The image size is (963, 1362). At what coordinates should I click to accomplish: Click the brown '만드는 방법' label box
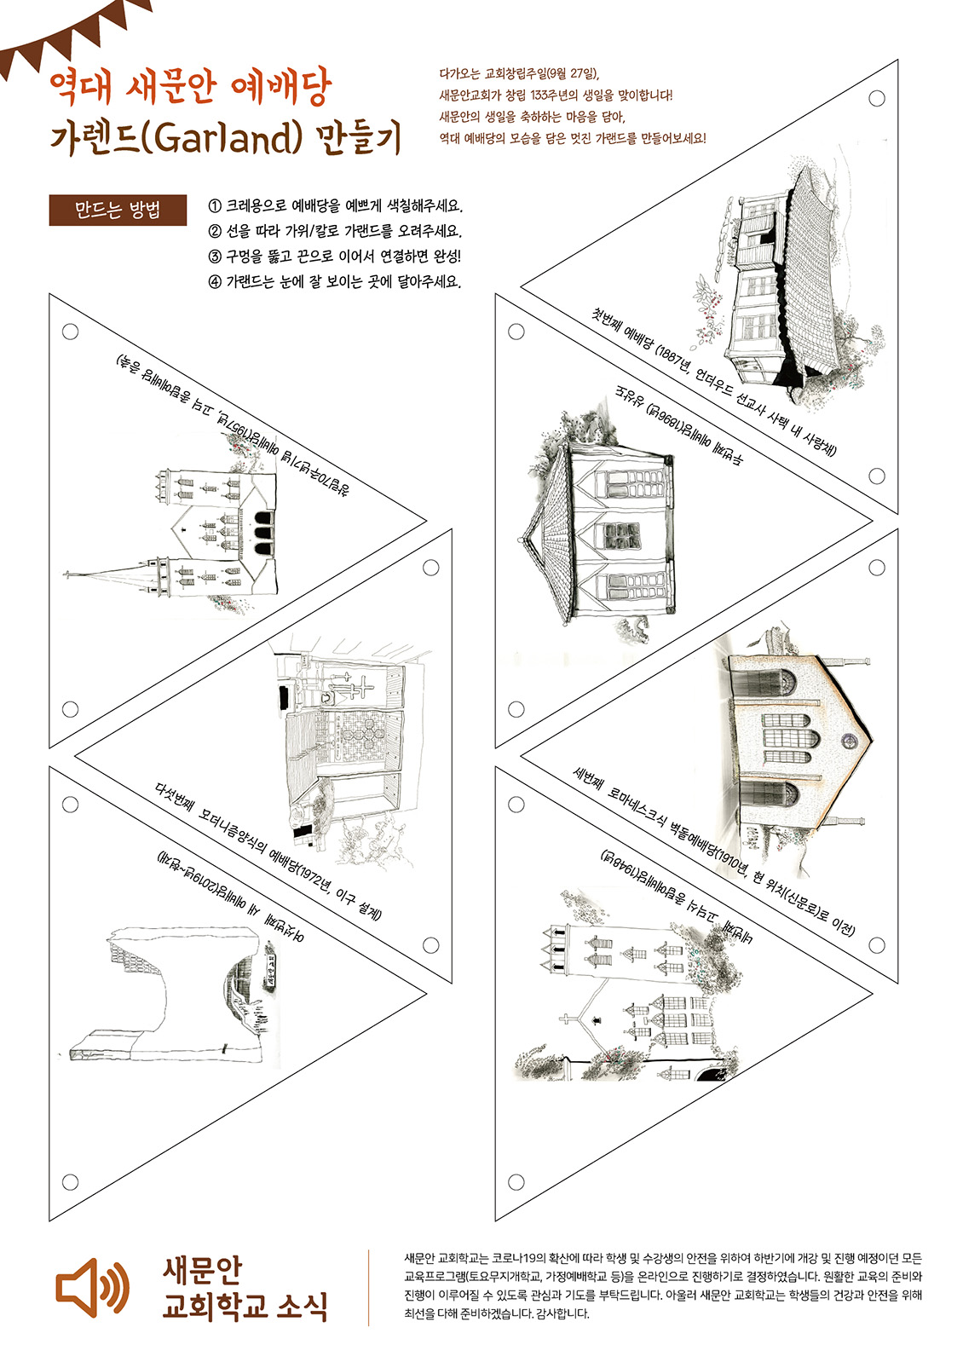coord(118,211)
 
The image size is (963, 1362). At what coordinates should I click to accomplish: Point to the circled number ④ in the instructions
coord(215,281)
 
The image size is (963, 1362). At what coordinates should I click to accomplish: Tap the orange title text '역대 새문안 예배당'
coord(190,86)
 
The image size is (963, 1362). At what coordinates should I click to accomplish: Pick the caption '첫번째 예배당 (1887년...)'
coord(715,382)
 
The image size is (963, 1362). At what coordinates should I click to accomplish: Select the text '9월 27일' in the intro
coord(572,74)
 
